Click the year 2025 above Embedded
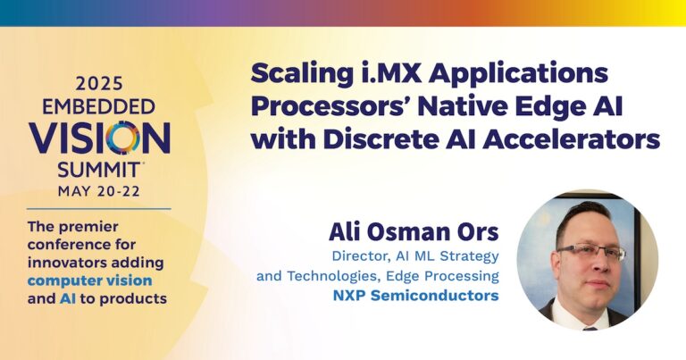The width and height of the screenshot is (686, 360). pos(99,85)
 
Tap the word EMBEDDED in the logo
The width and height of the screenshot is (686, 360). pos(99,106)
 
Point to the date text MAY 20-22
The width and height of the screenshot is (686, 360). pos(99,189)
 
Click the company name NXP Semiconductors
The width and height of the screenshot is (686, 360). pos(421,295)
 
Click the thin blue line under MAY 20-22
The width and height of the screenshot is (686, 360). pos(99,208)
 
